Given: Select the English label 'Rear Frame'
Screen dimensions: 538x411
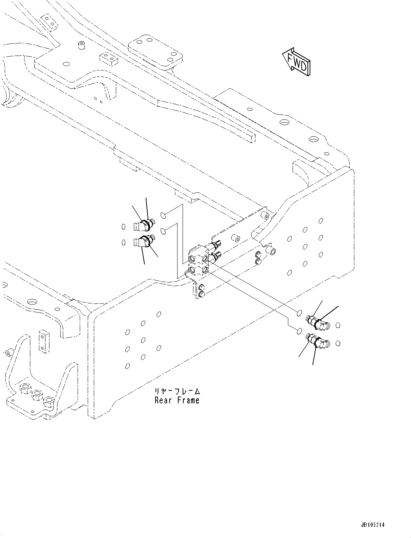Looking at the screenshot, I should click(177, 400).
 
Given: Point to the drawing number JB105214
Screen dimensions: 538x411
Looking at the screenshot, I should click(372, 525).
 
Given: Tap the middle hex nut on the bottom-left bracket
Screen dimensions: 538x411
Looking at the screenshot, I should click(36, 395).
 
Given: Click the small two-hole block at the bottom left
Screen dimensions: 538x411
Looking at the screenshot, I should click(43, 340).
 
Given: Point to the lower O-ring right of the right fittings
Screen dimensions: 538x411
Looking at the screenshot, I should click(338, 343).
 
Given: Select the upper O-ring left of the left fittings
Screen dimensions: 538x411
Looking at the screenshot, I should click(123, 227).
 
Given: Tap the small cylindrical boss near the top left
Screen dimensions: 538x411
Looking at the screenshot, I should click(81, 45).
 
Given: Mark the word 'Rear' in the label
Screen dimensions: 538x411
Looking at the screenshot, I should click(163, 400).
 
